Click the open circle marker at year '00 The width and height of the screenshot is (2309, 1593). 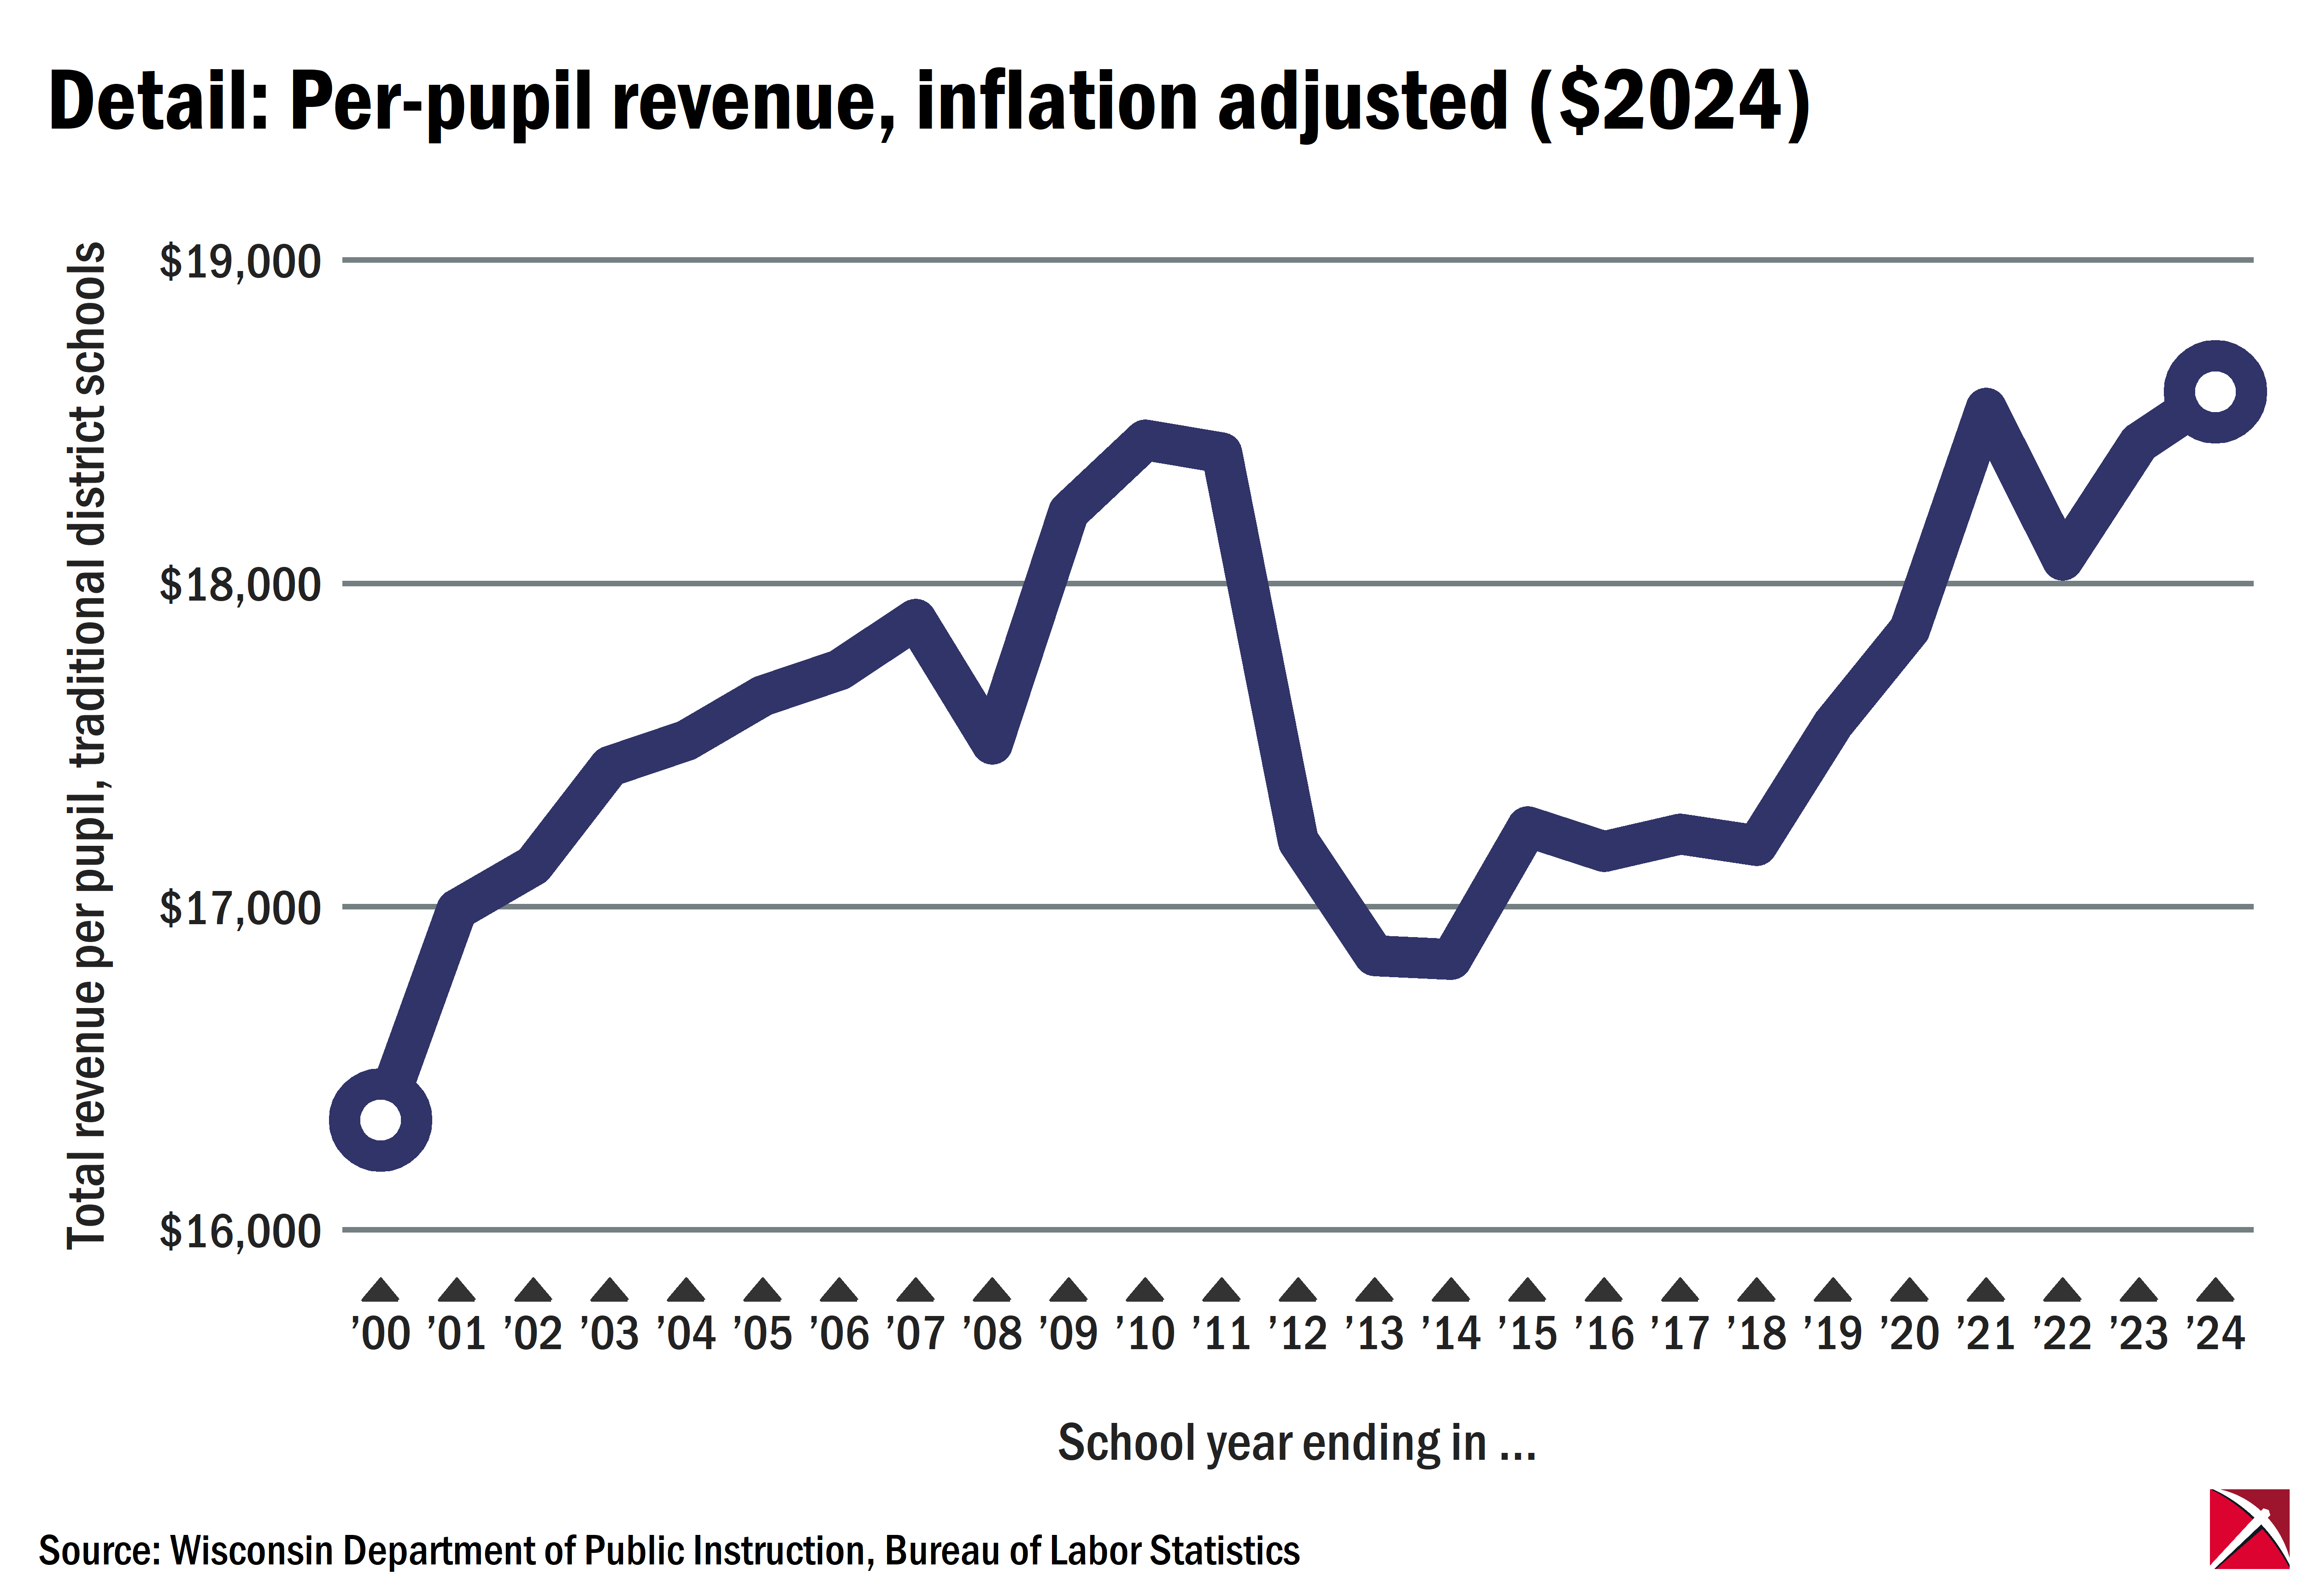pyautogui.click(x=380, y=1119)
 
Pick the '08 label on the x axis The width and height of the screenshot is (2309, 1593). pyautogui.click(x=992, y=1333)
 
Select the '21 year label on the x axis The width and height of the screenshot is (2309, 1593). pyautogui.click(x=1986, y=1333)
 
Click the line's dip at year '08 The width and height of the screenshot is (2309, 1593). pyautogui.click(x=992, y=743)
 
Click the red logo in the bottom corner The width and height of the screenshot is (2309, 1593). pyautogui.click(x=2249, y=1542)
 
